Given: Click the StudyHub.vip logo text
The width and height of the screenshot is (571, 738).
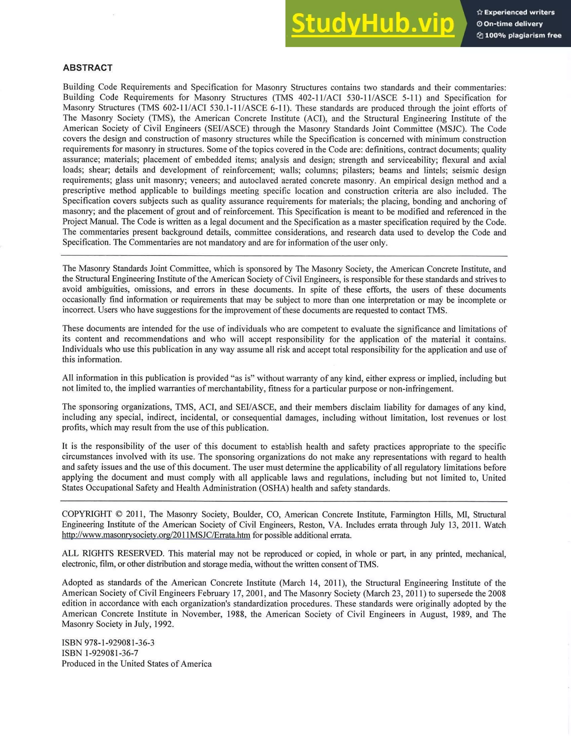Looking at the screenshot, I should (373, 24).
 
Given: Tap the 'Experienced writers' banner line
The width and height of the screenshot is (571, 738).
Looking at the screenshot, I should (516, 12).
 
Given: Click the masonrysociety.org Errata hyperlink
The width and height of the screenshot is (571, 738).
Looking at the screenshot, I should (156, 535).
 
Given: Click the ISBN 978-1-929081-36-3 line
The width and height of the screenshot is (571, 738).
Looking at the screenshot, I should (108, 642).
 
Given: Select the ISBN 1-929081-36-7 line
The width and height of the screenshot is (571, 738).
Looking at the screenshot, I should (100, 653).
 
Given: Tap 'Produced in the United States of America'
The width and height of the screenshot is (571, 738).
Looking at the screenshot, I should (137, 664).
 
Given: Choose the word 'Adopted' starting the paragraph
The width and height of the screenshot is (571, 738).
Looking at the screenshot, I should (77, 582).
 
